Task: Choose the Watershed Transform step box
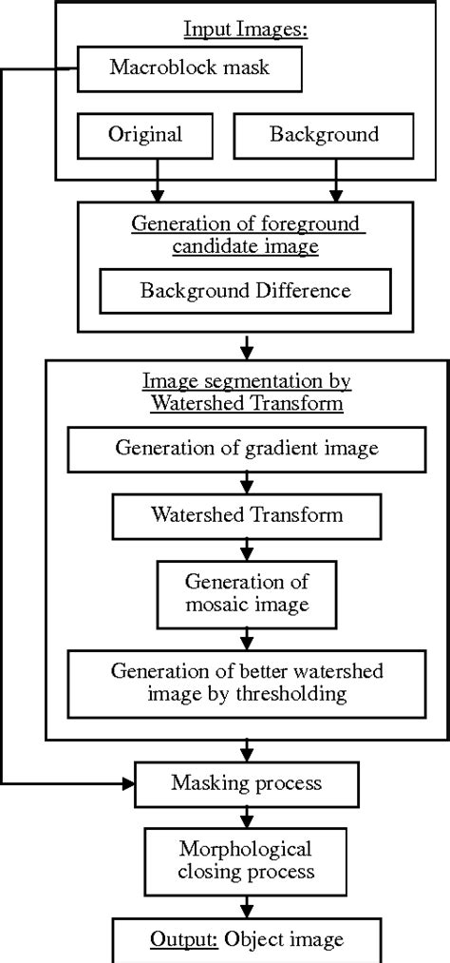pyautogui.click(x=247, y=515)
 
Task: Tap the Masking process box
pyautogui.click(x=247, y=783)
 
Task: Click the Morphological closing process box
pyautogui.click(x=247, y=858)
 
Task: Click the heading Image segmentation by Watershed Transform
pyautogui.click(x=247, y=390)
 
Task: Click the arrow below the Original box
pyautogui.click(x=158, y=186)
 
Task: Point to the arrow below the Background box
pyautogui.click(x=334, y=186)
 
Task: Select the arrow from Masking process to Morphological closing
pyautogui.click(x=247, y=817)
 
